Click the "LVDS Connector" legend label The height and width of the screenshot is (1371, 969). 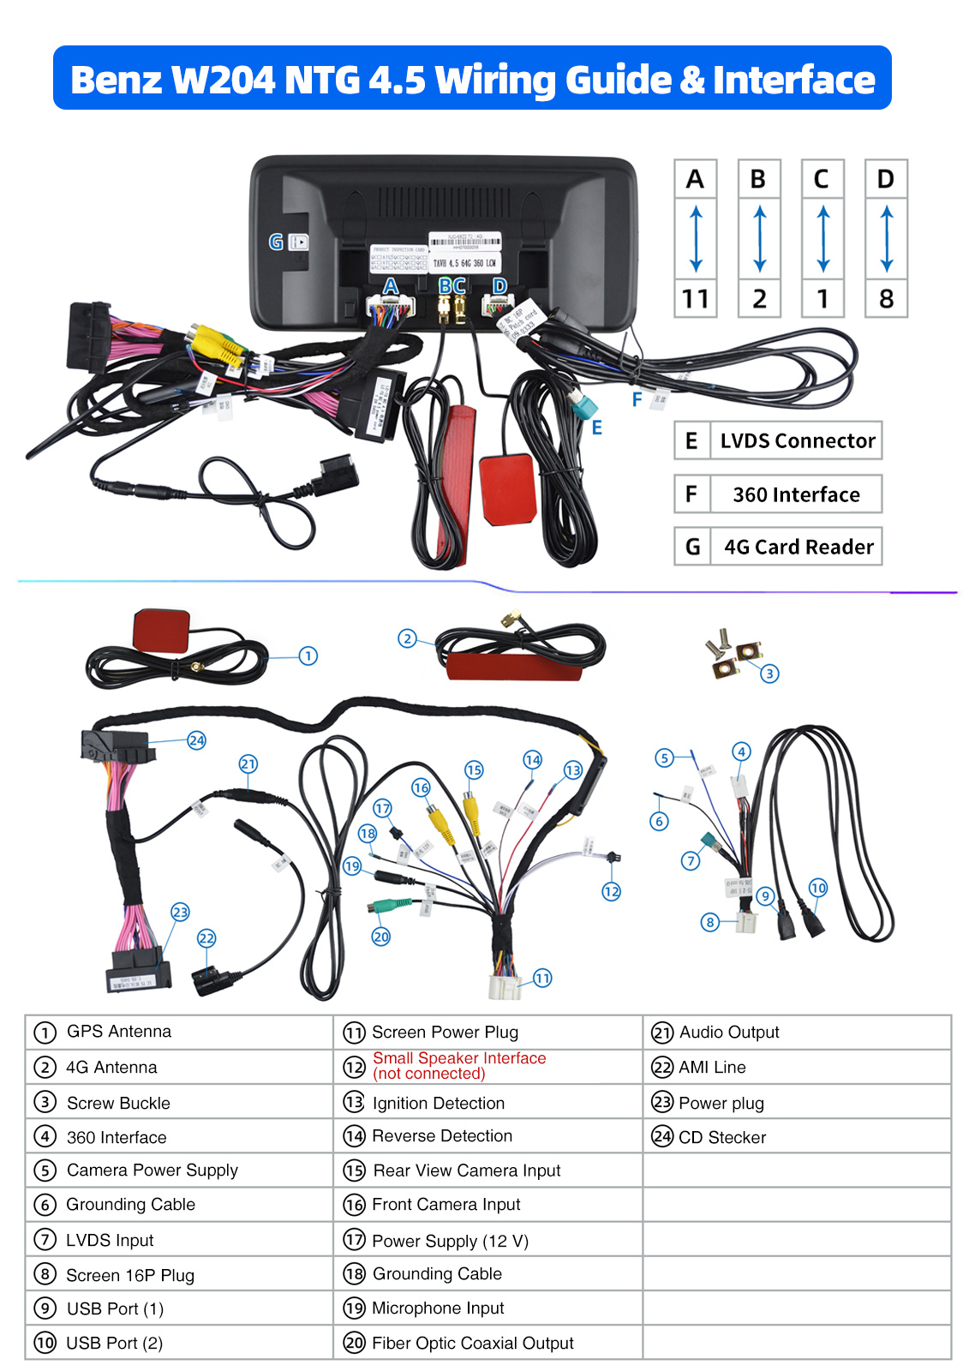797,440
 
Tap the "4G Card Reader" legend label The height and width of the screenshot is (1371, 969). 799,547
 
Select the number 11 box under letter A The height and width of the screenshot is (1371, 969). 695,298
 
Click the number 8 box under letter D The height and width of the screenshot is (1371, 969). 886,298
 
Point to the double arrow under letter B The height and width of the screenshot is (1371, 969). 759,238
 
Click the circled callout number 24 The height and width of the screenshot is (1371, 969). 197,740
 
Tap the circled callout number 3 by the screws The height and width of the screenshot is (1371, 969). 769,674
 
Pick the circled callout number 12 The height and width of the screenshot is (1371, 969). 611,891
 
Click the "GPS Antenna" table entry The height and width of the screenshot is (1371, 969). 119,1032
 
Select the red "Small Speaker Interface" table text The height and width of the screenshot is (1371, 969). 458,1058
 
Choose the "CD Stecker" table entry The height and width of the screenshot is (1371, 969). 721,1137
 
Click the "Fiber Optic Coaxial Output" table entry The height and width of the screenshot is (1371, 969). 472,1343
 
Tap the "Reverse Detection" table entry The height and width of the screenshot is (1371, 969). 441,1136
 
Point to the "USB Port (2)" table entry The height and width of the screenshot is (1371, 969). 114,1343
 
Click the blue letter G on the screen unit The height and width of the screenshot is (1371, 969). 276,242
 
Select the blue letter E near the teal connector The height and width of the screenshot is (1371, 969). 597,428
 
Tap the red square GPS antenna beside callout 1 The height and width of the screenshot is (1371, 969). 161,630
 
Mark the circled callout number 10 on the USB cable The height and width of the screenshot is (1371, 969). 818,888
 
